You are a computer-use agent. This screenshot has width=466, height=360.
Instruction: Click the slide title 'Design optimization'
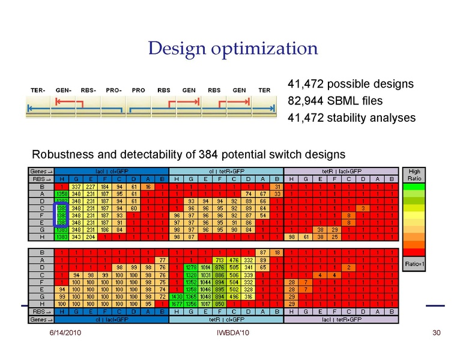click(233, 49)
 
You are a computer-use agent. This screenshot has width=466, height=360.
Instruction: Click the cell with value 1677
click(176, 304)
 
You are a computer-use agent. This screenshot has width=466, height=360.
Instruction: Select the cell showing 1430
click(176, 296)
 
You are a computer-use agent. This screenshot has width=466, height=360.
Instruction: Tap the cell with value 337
click(75, 187)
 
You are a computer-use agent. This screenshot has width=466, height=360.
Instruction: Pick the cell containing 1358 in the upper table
click(61, 194)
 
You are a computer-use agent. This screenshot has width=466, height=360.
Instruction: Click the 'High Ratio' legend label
click(414, 175)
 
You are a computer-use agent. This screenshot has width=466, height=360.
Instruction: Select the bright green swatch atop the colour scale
click(414, 187)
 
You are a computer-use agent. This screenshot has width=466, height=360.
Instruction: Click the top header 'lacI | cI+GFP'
click(111, 170)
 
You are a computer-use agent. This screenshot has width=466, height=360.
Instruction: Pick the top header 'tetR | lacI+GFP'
click(340, 170)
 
